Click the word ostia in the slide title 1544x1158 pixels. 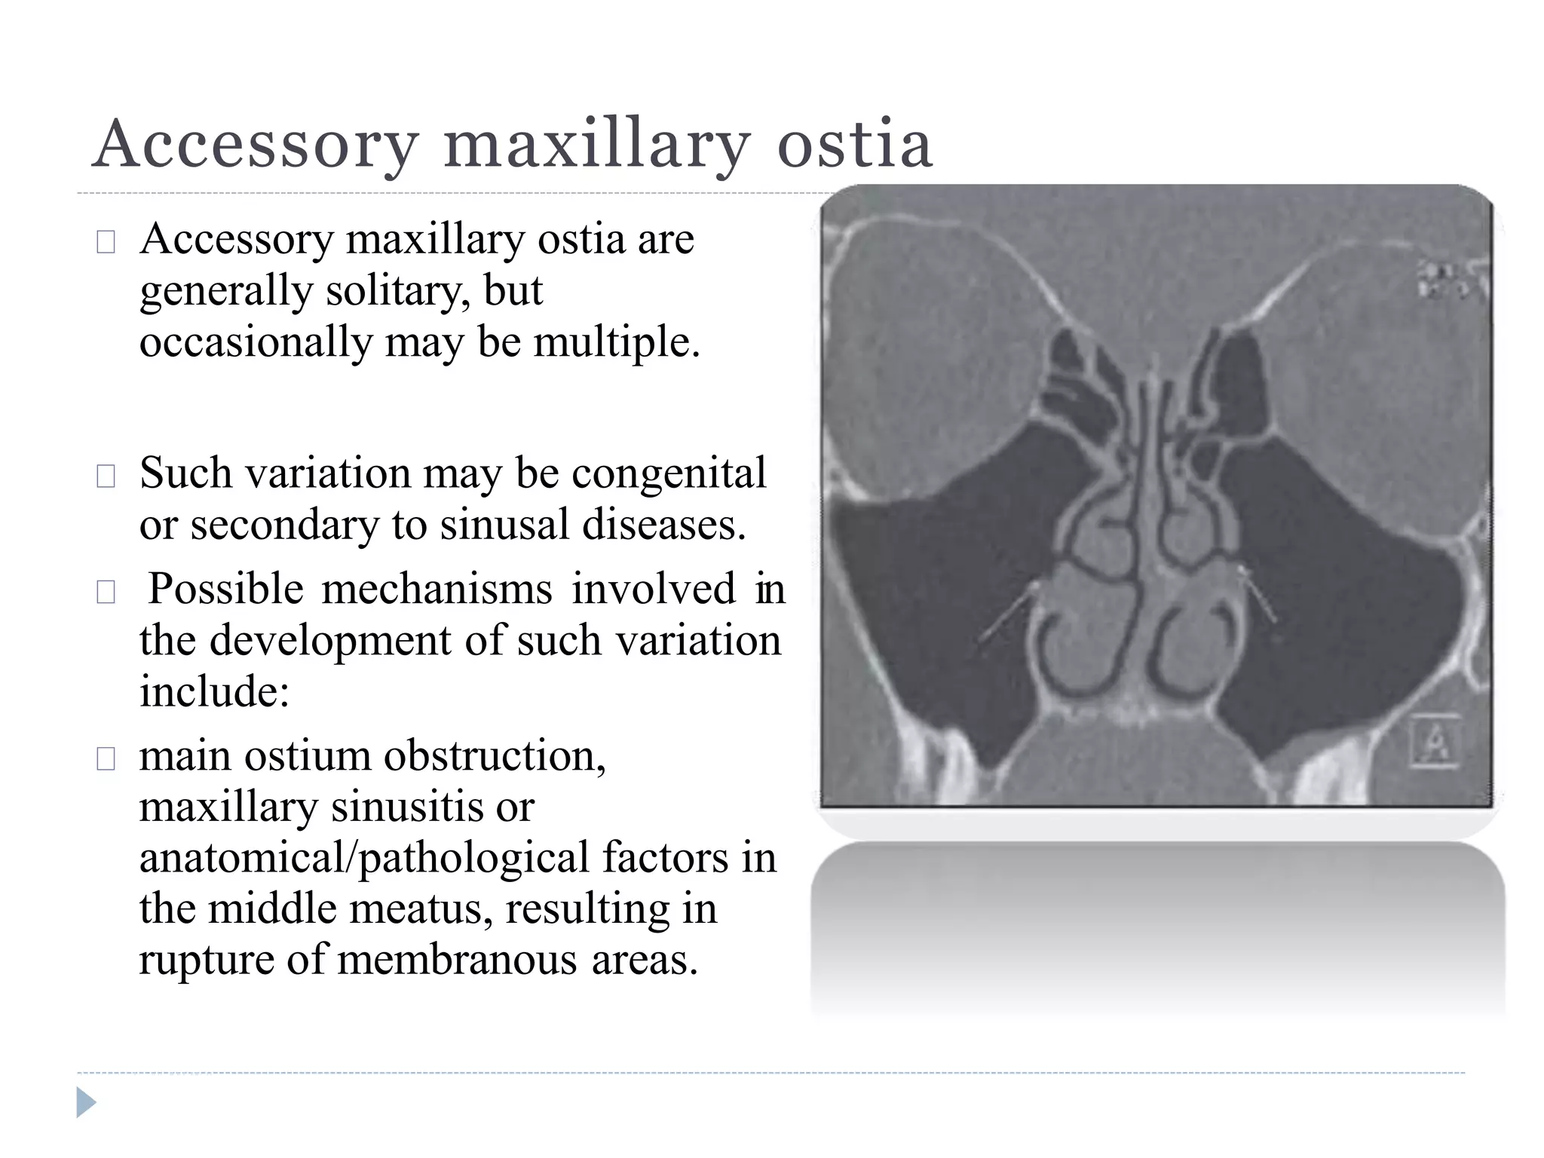pos(855,144)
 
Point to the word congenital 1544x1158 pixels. pos(669,473)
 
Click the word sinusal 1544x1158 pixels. pos(504,525)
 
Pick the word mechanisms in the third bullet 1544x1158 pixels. pos(437,589)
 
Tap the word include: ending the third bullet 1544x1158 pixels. pos(215,691)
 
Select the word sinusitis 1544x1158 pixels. pos(409,807)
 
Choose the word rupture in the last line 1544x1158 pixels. pos(196,960)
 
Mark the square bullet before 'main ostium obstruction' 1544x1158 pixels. pos(106,758)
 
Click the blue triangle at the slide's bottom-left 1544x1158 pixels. pos(86,1103)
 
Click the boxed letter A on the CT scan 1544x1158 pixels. pos(1434,742)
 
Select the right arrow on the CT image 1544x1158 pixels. pos(1258,596)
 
